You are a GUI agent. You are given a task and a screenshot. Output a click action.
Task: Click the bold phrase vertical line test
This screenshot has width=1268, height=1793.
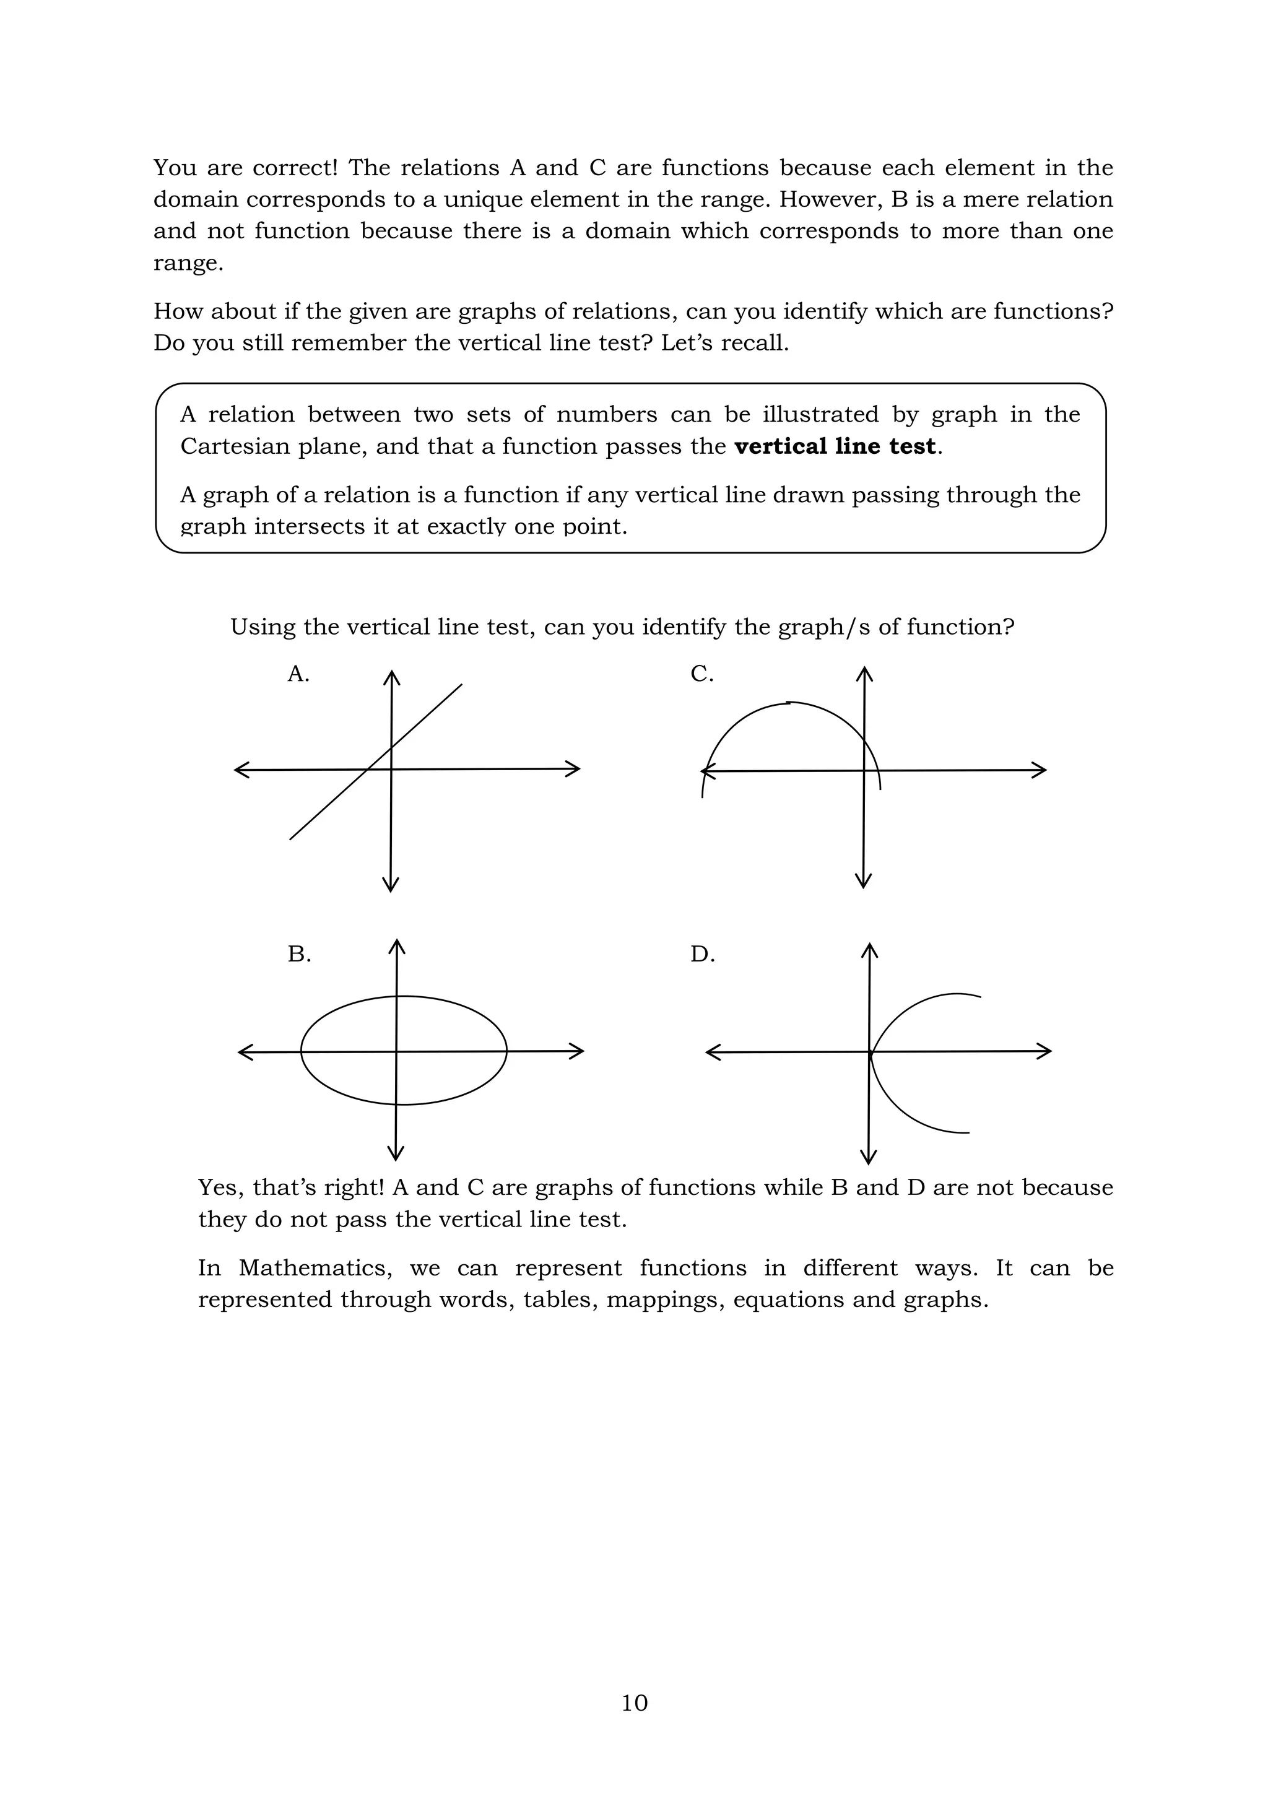click(835, 446)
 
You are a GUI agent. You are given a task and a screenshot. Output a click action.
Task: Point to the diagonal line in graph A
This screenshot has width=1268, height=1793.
click(328, 804)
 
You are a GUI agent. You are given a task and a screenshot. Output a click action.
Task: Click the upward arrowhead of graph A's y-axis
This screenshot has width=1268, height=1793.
click(391, 676)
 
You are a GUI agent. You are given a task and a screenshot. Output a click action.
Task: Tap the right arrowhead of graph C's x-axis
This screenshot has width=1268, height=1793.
click(1040, 770)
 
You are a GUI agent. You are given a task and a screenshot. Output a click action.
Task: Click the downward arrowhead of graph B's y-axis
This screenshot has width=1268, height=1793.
click(396, 1153)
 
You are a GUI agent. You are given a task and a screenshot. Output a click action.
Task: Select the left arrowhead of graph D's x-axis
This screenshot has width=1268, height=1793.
click(713, 1053)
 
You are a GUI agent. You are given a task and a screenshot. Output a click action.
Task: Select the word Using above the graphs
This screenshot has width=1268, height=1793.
click(263, 628)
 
